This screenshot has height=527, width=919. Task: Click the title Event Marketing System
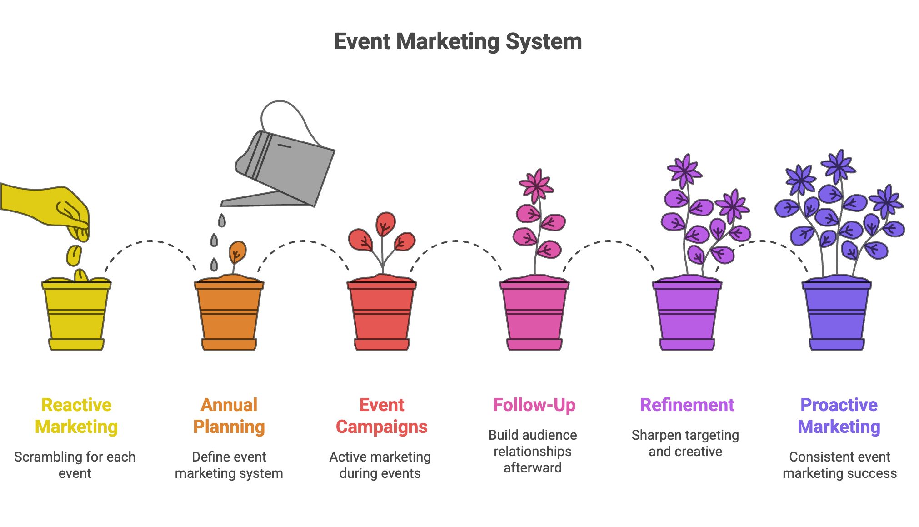[458, 42]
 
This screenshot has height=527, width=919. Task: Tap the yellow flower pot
[76, 316]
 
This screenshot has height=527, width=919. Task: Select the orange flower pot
[229, 316]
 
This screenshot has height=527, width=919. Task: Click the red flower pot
[382, 316]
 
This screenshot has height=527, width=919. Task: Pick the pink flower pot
[534, 316]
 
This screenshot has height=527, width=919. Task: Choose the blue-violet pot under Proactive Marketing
[837, 316]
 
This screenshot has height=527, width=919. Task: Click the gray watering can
[291, 168]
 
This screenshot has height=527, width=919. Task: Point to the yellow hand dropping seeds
[50, 205]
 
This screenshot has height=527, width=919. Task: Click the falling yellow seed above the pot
[74, 256]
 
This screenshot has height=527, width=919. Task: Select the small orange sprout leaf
[237, 251]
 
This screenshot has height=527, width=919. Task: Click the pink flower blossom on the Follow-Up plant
[537, 186]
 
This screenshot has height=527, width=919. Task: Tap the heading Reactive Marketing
[76, 416]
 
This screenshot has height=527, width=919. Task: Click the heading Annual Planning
[229, 416]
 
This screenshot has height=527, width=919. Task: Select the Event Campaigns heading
[382, 416]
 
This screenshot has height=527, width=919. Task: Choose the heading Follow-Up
[534, 405]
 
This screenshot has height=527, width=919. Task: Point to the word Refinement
[687, 405]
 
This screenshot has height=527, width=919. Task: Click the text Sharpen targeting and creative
[685, 443]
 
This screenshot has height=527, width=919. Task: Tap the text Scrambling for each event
[75, 465]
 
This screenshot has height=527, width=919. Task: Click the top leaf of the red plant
[385, 223]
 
